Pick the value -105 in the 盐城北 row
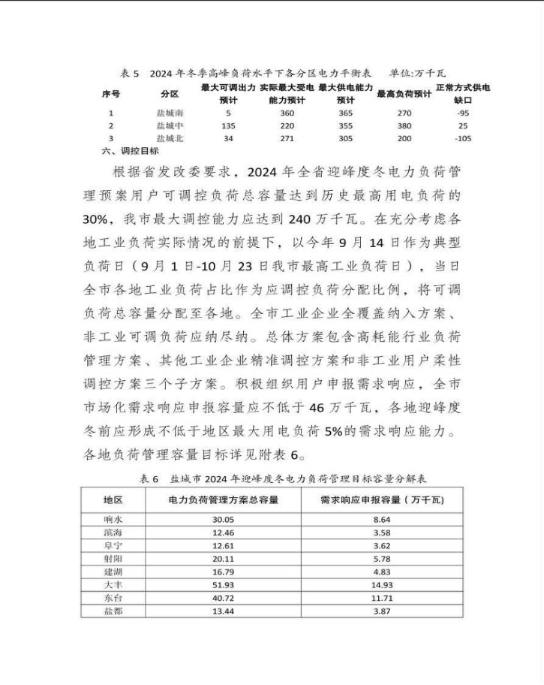[x=462, y=138]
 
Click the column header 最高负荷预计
[x=404, y=94]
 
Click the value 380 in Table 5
[x=404, y=125]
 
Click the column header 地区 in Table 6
[x=113, y=499]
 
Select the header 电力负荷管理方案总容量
[x=224, y=499]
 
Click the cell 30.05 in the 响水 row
[x=224, y=519]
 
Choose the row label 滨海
[x=113, y=533]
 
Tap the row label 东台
[x=113, y=598]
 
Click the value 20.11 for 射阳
[x=224, y=558]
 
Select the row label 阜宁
[x=113, y=545]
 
